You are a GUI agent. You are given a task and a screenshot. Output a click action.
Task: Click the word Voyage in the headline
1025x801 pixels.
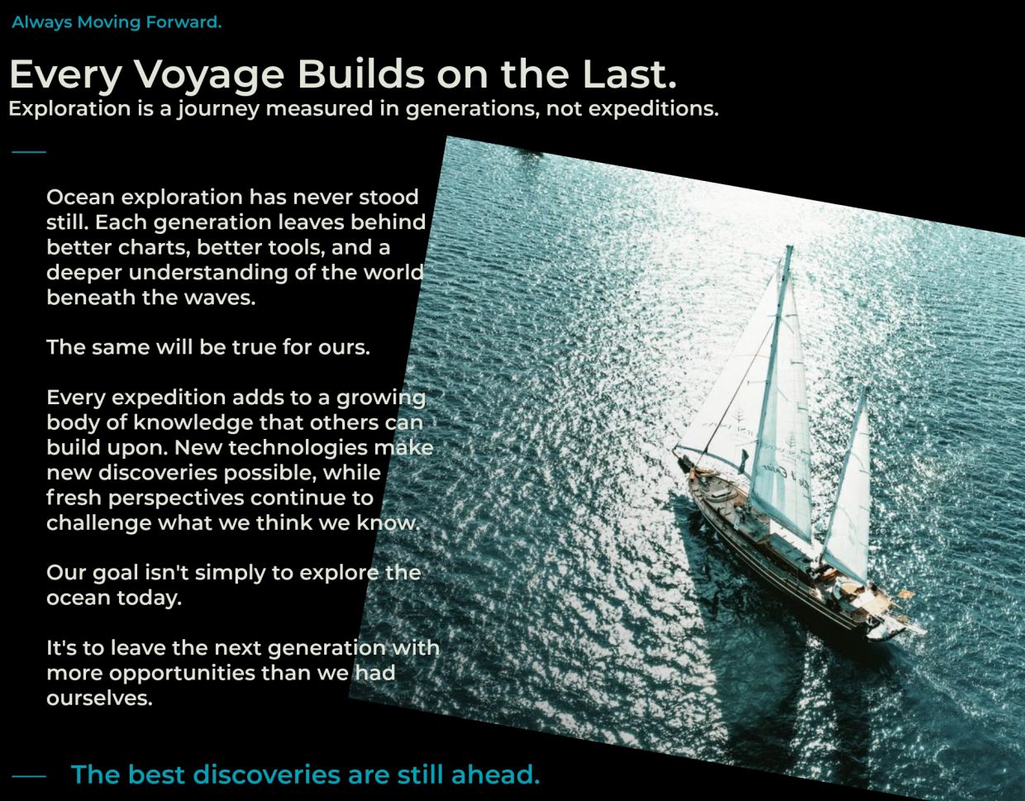coord(209,75)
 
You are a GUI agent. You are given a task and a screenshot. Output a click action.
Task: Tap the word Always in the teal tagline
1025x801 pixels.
coord(42,22)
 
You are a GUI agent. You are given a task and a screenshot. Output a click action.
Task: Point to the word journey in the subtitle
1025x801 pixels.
coord(218,109)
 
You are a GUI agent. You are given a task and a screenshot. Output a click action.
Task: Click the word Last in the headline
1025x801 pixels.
coord(629,74)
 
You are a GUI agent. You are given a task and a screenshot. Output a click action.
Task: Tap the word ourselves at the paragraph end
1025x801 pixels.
coord(99,698)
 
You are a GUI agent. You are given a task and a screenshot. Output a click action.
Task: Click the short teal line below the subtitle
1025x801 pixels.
coord(29,152)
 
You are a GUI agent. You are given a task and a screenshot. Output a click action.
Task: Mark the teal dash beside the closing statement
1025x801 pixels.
coord(29,776)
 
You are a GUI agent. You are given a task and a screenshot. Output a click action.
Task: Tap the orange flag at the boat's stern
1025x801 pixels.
coord(906,593)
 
